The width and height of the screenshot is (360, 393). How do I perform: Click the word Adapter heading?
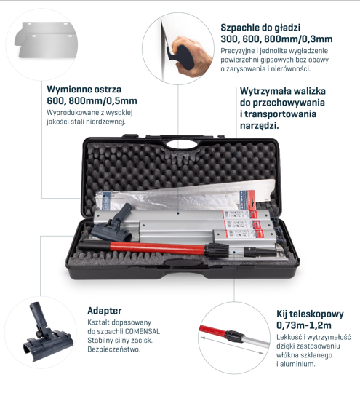coord(105,311)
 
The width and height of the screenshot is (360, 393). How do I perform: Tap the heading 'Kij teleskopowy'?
coord(310,314)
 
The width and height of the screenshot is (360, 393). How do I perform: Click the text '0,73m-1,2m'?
coord(304,325)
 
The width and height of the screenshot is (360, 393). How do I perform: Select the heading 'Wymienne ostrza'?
coord(84,90)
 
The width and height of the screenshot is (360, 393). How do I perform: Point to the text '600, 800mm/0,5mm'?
coord(92,100)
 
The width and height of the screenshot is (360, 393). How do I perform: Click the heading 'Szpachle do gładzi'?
coord(260,28)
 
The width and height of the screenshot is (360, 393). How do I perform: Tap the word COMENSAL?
coord(143,331)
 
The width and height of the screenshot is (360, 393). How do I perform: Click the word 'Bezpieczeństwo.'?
coord(114,349)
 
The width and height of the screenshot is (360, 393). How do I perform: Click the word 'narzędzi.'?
coord(260,125)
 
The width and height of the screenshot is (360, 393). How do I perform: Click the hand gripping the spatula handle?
coord(193,55)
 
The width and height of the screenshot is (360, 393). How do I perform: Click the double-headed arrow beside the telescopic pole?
coord(232,345)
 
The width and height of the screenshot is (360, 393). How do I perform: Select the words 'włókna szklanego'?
coord(304,355)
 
